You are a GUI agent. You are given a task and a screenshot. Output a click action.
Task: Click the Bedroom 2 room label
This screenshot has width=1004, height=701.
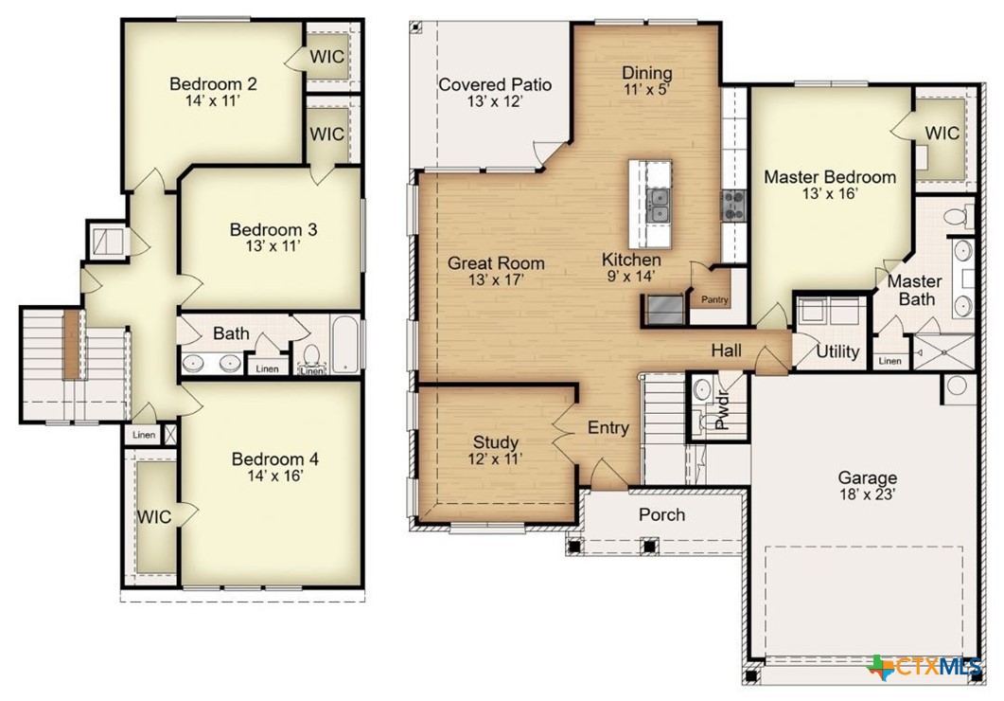pyautogui.click(x=213, y=83)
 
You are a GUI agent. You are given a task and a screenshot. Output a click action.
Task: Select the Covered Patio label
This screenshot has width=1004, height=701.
pyautogui.click(x=495, y=85)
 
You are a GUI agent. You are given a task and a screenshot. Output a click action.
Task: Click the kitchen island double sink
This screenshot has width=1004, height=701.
pyautogui.click(x=659, y=201)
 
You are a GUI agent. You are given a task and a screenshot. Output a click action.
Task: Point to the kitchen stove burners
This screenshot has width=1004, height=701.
pyautogui.click(x=734, y=203)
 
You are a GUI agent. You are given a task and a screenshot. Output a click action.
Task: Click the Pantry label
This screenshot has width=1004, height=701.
pyautogui.click(x=713, y=300)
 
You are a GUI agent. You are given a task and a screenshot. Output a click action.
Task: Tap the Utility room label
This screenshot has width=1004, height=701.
pyautogui.click(x=837, y=352)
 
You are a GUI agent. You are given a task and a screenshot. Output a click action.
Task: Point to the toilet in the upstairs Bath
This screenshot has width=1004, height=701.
pyautogui.click(x=311, y=357)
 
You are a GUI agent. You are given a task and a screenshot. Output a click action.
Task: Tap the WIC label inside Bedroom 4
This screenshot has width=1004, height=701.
pyautogui.click(x=154, y=516)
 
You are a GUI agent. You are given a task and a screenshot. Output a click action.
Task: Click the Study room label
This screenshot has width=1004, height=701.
pyautogui.click(x=496, y=442)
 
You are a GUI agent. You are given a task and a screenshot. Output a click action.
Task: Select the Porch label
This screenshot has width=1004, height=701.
pyautogui.click(x=661, y=514)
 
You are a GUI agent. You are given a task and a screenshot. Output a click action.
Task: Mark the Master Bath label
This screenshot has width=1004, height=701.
pyautogui.click(x=915, y=291)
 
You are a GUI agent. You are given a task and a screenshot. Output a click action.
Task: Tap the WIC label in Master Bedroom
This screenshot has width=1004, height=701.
pyautogui.click(x=942, y=133)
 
